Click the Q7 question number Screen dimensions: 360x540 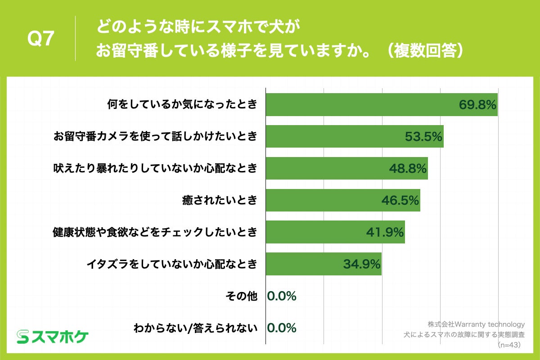tap(41, 39)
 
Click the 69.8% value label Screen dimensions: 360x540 tap(477, 105)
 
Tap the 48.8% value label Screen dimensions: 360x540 tap(408, 169)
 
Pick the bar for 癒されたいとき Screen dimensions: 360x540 tap(342, 200)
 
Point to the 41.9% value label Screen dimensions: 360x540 tap(385, 233)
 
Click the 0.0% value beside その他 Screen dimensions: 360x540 tap(282, 296)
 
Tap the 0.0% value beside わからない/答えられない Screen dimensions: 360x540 tap(282, 328)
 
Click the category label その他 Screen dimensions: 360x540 tap(241, 296)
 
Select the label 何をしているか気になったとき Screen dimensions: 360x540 tap(182, 105)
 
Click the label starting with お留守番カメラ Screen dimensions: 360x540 tap(155, 136)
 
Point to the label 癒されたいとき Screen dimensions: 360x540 tap(219, 200)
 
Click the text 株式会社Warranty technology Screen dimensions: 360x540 tap(476, 324)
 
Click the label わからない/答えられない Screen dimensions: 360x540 tap(195, 328)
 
